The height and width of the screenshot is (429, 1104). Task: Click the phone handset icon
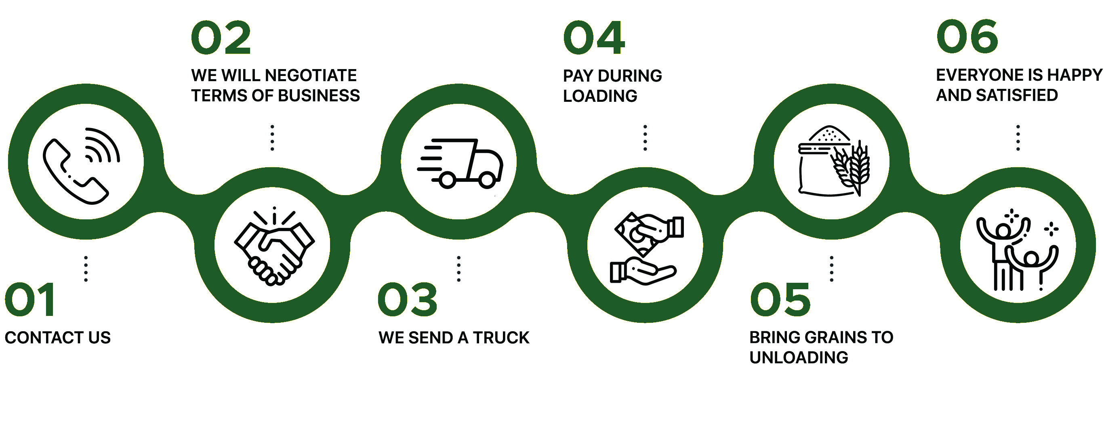tap(75, 171)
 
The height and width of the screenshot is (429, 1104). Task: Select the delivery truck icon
tap(461, 163)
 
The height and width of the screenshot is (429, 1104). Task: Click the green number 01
tap(30, 300)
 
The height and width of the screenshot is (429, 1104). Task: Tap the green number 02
tap(221, 38)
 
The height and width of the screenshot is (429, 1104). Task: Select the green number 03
tap(407, 300)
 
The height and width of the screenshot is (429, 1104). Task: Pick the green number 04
tap(594, 38)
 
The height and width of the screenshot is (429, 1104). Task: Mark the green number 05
tap(780, 300)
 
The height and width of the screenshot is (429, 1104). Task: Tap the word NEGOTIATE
tap(311, 76)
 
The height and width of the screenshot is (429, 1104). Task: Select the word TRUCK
tap(501, 338)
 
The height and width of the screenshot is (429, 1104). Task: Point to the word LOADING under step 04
tap(600, 96)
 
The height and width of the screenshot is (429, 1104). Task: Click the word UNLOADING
tap(799, 357)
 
